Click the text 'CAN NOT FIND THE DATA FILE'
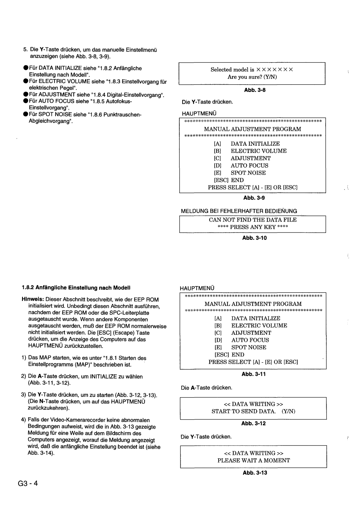(x=253, y=220)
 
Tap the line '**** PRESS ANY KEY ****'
(x=253, y=227)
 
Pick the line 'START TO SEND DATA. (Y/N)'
(x=254, y=411)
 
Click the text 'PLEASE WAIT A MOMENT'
(x=254, y=460)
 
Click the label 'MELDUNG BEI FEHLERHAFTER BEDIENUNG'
(x=239, y=211)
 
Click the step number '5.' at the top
(x=26, y=50)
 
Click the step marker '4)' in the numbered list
(x=24, y=420)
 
